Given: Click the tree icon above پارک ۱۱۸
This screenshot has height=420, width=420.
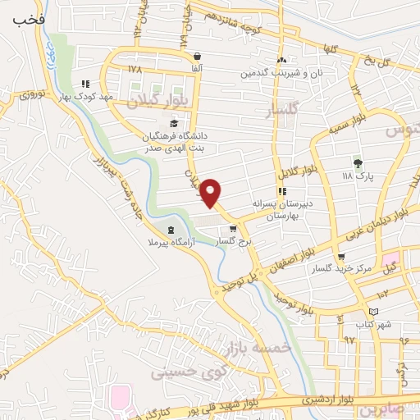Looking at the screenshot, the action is (x=357, y=161).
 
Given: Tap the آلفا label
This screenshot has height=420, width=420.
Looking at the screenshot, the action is (x=196, y=69).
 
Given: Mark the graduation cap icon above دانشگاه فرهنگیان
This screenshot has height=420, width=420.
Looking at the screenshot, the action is (x=173, y=123).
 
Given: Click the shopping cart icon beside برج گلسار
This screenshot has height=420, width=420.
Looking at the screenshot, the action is (x=233, y=229).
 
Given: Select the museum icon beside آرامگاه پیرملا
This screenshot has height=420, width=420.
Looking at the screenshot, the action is (x=170, y=230).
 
